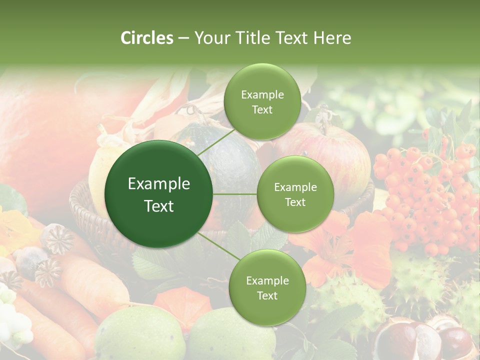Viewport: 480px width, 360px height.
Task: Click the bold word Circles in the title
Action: click(147, 38)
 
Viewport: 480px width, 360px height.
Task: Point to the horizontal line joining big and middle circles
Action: click(234, 194)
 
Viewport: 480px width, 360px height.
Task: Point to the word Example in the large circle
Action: click(158, 184)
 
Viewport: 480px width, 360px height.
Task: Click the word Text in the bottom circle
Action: click(267, 295)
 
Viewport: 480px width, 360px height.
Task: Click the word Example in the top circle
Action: click(262, 95)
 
